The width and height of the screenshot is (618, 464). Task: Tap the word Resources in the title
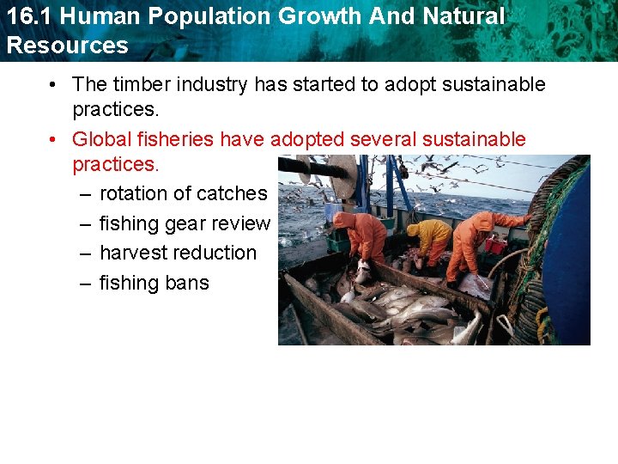[67, 46]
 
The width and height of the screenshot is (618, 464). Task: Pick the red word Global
[100, 139]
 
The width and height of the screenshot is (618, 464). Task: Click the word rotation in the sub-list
[133, 194]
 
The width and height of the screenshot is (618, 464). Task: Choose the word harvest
[133, 253]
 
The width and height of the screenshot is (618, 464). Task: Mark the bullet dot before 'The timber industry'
[53, 84]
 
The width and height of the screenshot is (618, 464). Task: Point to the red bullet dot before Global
[53, 139]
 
